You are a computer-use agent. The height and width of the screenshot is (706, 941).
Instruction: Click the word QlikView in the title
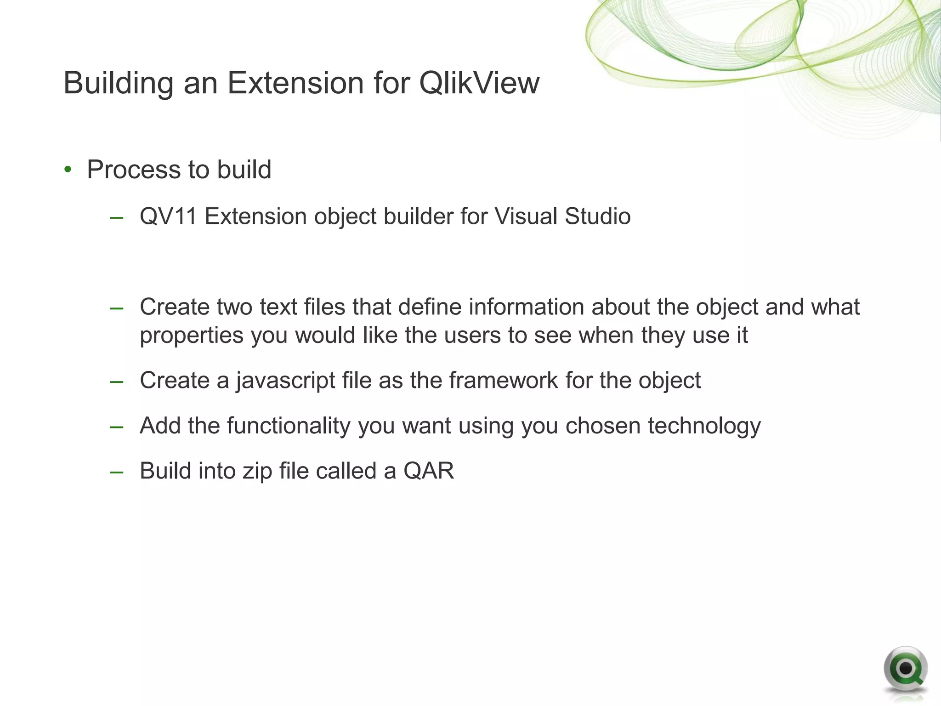pyautogui.click(x=479, y=83)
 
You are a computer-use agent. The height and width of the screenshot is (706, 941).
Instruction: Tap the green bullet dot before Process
pyautogui.click(x=68, y=170)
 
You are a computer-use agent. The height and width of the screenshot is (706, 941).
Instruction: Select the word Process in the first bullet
pyautogui.click(x=134, y=170)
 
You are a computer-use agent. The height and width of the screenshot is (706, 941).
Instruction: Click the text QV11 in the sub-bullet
pyautogui.click(x=168, y=216)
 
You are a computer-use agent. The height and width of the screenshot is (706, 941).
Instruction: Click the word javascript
pyautogui.click(x=285, y=381)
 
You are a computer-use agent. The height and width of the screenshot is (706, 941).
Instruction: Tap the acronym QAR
pyautogui.click(x=428, y=471)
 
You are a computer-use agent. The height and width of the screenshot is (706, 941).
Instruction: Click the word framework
pyautogui.click(x=503, y=381)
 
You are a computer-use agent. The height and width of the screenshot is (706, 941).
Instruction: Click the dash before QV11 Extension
pyautogui.click(x=117, y=217)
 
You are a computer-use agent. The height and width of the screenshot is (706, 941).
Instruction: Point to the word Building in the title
pyautogui.click(x=118, y=83)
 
